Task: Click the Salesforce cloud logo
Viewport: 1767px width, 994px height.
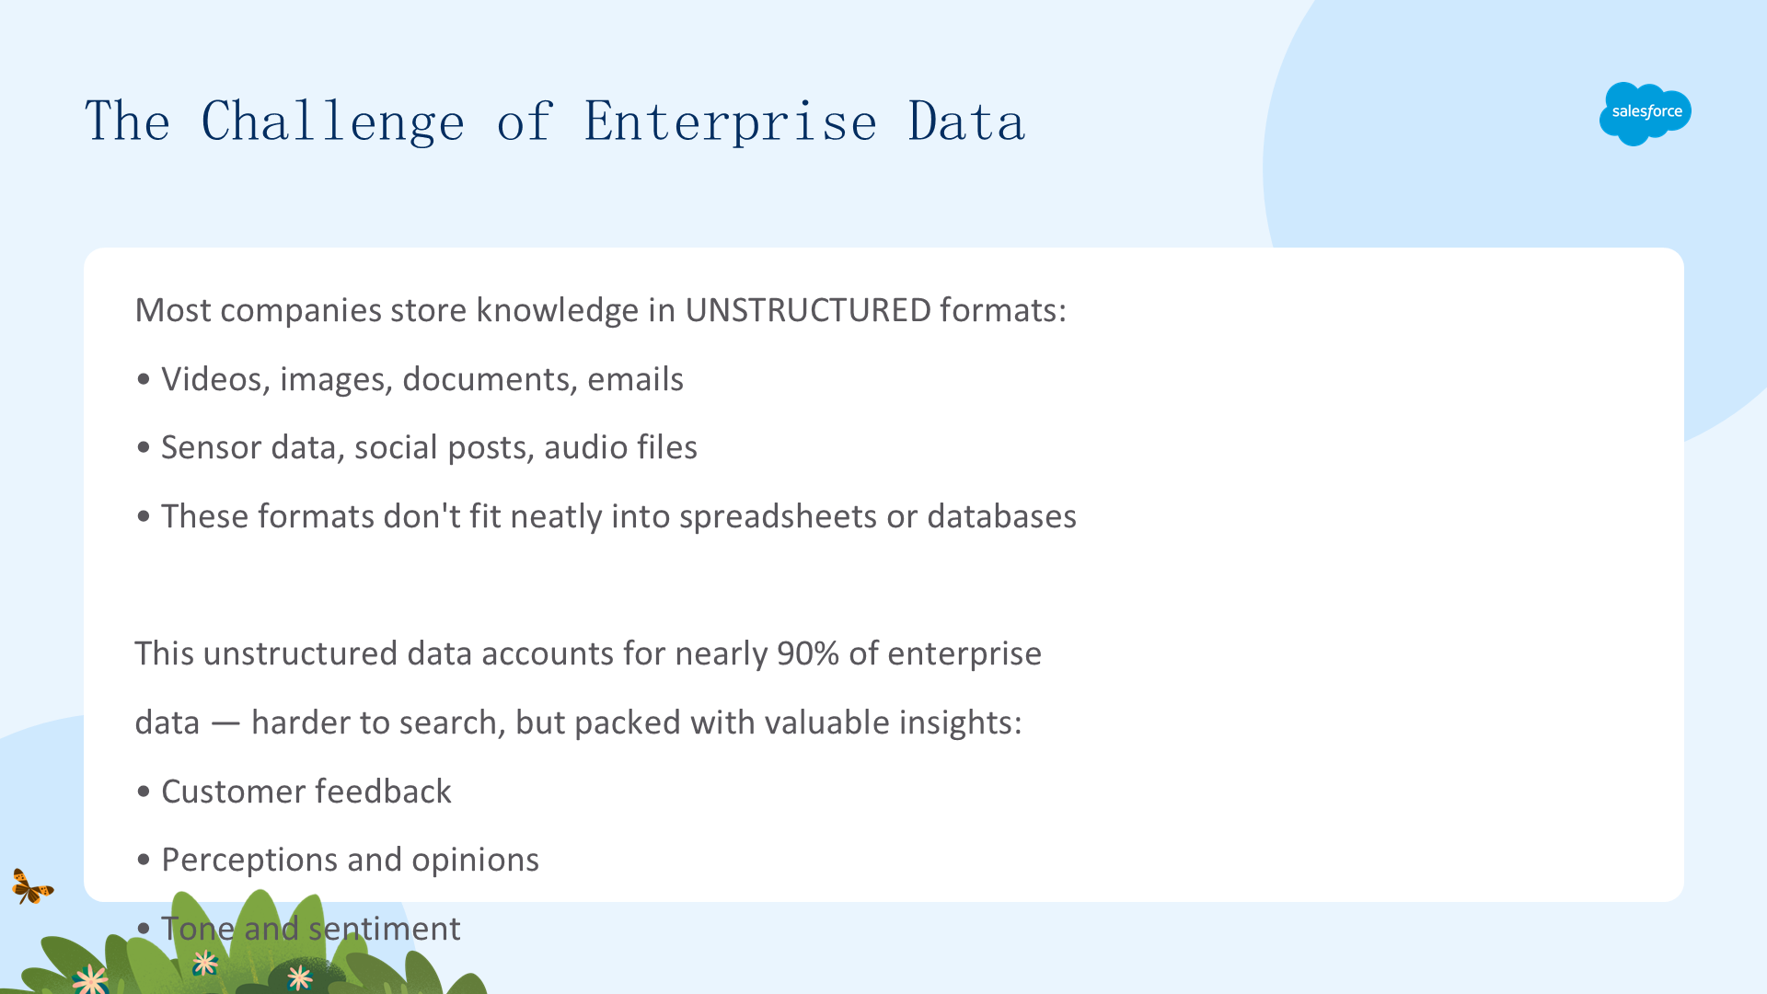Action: coord(1645,113)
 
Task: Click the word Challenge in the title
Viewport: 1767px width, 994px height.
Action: coord(333,121)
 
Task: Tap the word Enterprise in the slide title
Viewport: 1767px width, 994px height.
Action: coord(731,121)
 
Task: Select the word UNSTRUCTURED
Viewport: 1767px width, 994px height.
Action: coord(808,310)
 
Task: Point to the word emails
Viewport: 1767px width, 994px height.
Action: coord(635,379)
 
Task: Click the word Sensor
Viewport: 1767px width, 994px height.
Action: coord(212,447)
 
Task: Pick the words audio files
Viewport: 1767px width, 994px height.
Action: coord(620,447)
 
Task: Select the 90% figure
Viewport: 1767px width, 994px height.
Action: coord(808,653)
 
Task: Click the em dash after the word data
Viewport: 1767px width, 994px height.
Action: coord(225,724)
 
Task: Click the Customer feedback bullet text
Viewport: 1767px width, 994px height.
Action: coord(306,792)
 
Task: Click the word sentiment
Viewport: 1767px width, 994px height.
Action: coord(385,929)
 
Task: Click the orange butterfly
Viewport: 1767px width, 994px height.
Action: coord(32,886)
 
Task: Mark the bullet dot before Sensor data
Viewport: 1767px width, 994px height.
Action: coord(143,448)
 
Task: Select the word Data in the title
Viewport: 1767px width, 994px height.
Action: coord(966,121)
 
